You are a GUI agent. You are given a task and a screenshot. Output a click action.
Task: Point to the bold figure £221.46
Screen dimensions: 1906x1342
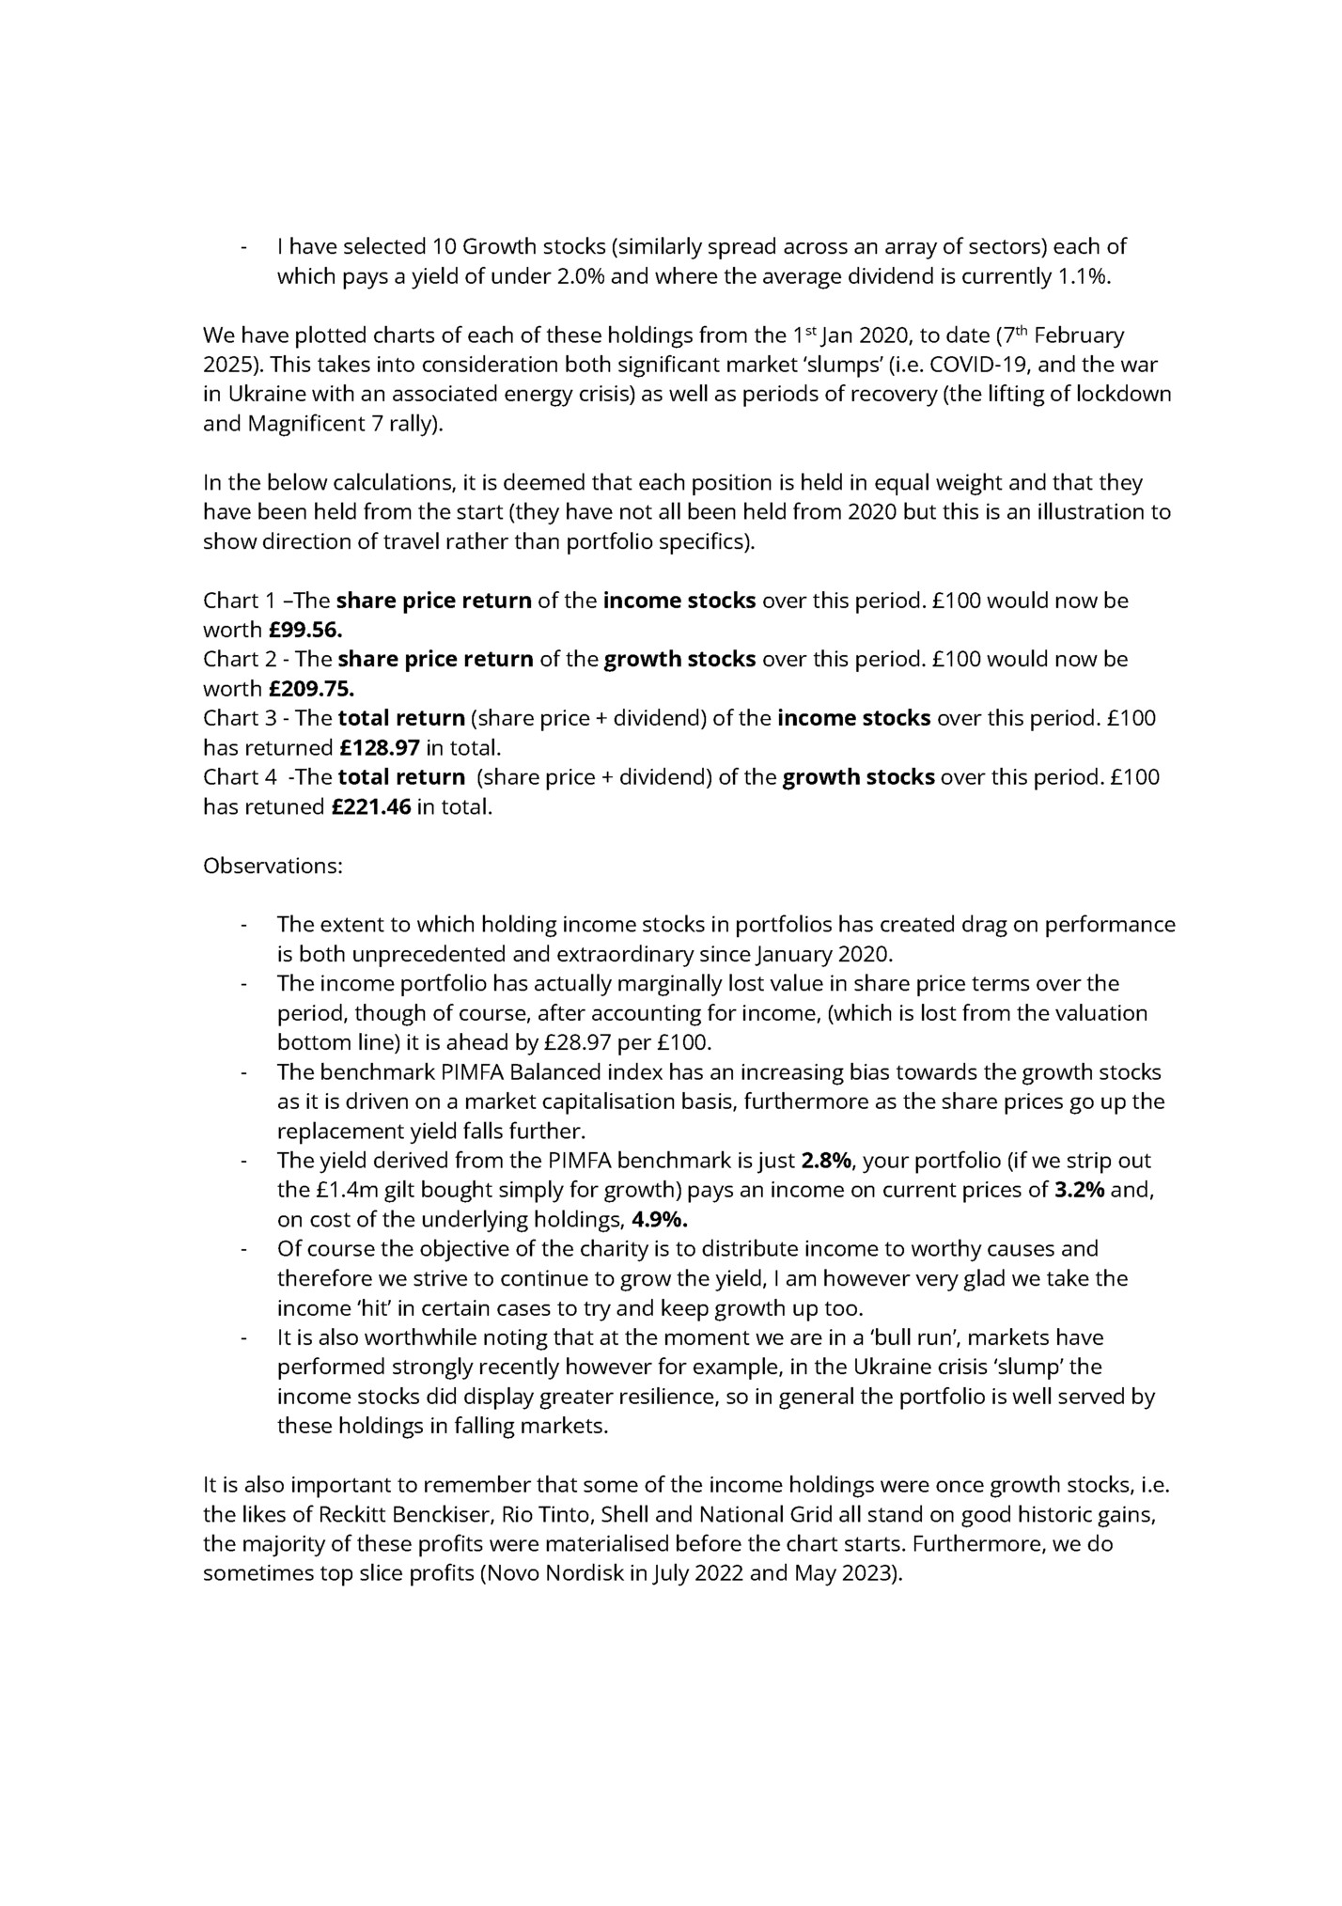pyautogui.click(x=371, y=807)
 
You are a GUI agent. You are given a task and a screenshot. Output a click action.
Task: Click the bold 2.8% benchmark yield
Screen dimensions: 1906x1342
pyautogui.click(x=825, y=1161)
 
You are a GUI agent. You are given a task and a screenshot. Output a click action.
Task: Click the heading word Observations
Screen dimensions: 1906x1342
pyautogui.click(x=273, y=866)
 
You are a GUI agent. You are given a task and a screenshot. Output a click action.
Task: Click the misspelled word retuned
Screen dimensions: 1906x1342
pyautogui.click(x=283, y=807)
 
